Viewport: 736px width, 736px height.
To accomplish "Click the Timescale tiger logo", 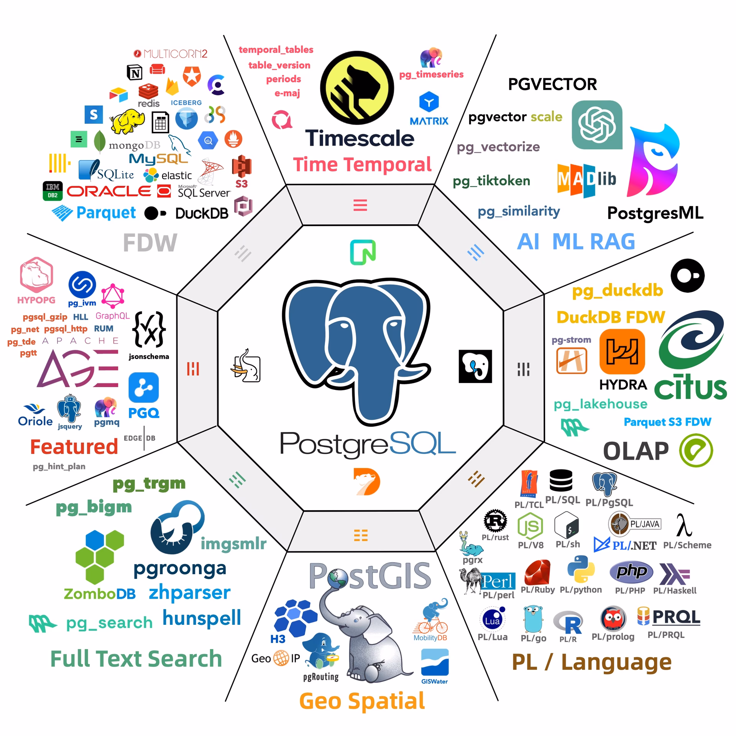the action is [x=357, y=88].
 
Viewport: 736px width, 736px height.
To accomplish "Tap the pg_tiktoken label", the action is [x=491, y=181].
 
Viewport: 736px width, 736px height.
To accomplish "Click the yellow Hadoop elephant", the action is [x=127, y=121].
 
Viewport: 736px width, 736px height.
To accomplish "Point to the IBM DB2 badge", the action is [x=53, y=191].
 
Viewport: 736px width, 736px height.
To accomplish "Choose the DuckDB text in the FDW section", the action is [x=202, y=214].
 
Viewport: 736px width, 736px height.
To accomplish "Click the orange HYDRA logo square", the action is [x=622, y=352].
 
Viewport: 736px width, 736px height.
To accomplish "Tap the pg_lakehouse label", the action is [x=600, y=404].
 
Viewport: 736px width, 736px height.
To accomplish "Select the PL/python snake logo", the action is [x=581, y=569].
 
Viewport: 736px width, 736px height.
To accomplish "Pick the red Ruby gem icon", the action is [x=537, y=572].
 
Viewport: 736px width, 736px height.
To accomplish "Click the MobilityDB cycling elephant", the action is [x=431, y=616].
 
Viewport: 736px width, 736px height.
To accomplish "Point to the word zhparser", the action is [x=190, y=593].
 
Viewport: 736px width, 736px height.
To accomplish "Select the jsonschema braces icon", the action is [x=149, y=329].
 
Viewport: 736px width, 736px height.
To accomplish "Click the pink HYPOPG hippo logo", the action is [x=36, y=275].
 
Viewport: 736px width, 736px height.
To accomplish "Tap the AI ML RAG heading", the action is [x=576, y=242].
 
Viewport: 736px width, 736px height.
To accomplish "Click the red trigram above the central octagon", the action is [x=360, y=205].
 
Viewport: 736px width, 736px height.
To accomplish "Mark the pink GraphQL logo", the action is [x=113, y=296].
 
